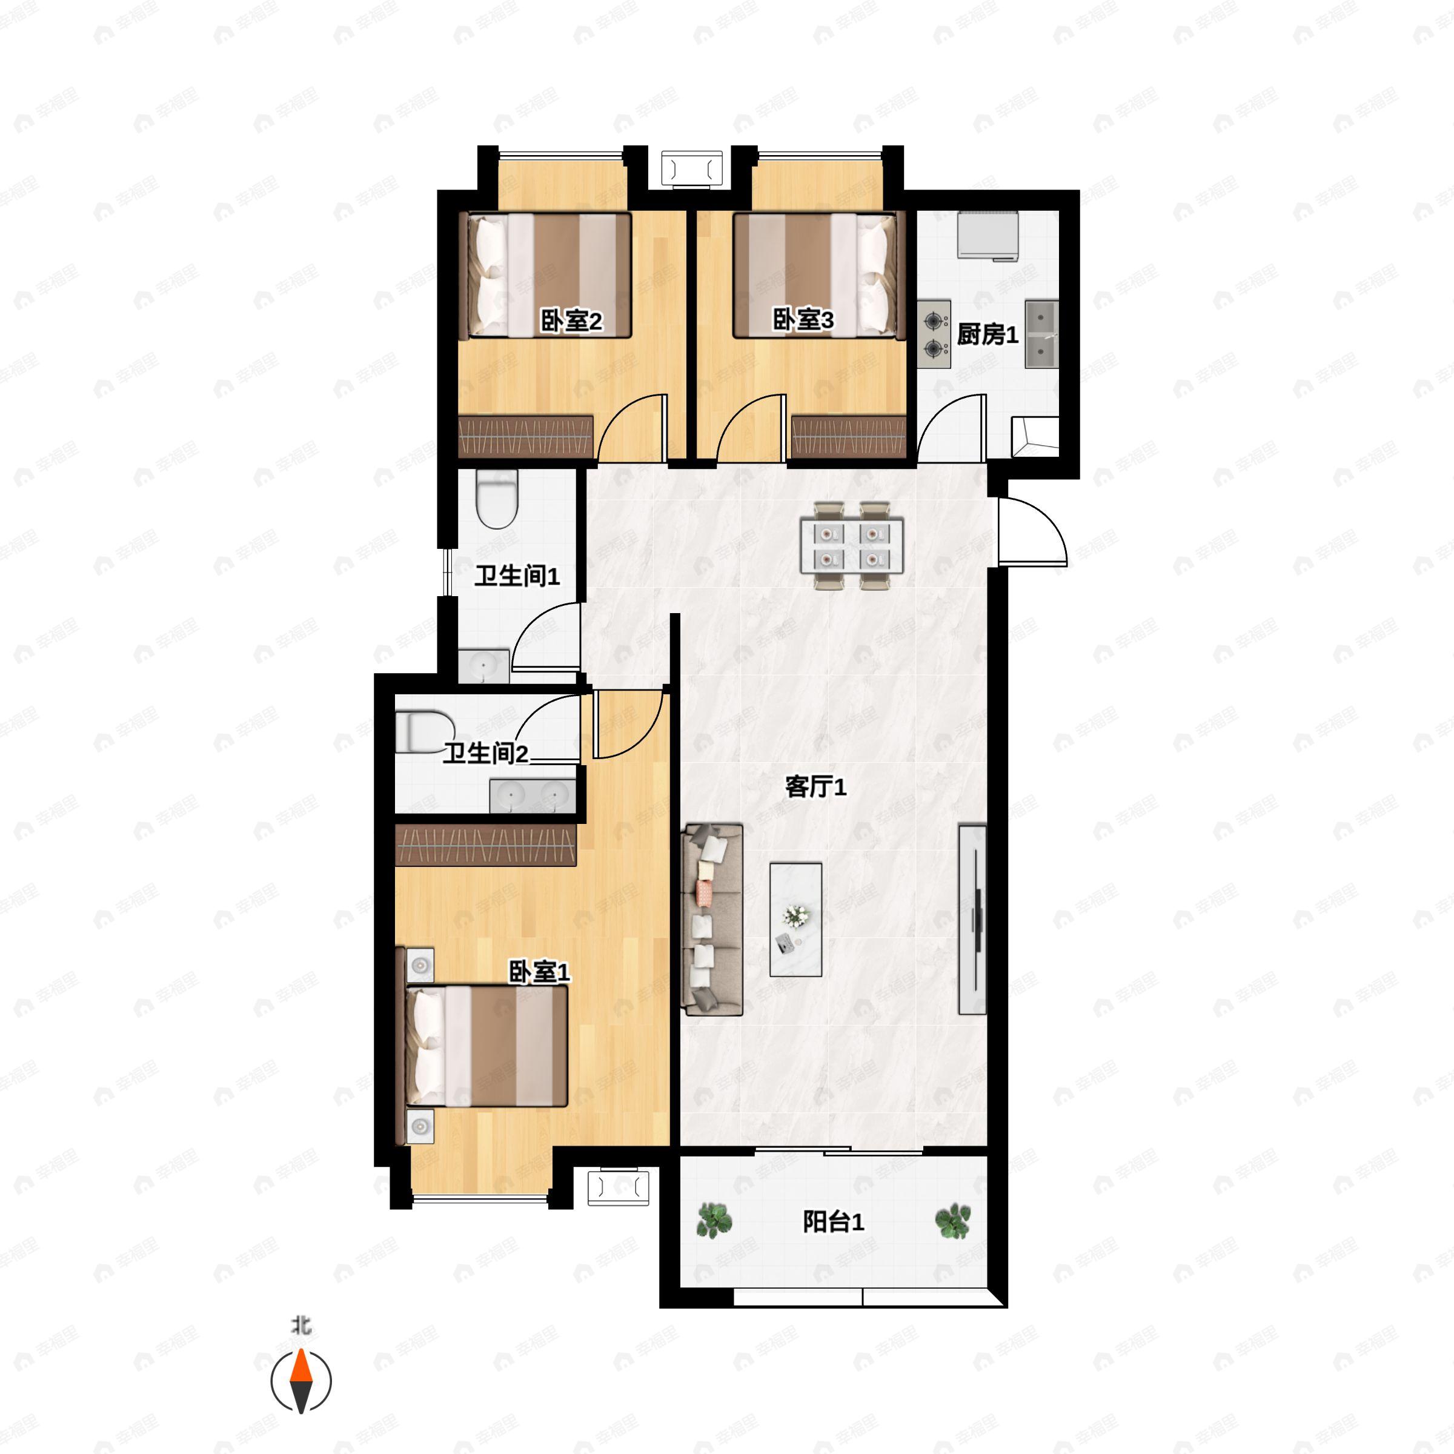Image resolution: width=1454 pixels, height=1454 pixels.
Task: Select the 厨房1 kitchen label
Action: click(988, 334)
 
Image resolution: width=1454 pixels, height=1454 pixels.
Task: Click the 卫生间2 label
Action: click(485, 752)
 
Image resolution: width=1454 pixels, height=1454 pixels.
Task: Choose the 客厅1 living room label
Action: click(816, 787)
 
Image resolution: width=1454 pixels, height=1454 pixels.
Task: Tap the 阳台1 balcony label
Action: click(833, 1221)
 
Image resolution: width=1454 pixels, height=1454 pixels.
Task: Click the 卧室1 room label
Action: click(540, 972)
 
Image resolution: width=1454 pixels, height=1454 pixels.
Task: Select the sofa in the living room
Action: click(712, 920)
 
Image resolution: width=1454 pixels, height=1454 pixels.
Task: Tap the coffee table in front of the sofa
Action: click(795, 920)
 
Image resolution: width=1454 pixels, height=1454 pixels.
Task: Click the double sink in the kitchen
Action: click(1041, 334)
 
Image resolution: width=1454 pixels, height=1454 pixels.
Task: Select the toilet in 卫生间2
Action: click(425, 731)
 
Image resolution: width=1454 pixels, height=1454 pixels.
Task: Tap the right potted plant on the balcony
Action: click(953, 1220)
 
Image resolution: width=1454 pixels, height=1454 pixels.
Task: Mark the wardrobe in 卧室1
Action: click(485, 845)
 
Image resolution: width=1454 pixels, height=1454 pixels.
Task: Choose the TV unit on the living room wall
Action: click(972, 920)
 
